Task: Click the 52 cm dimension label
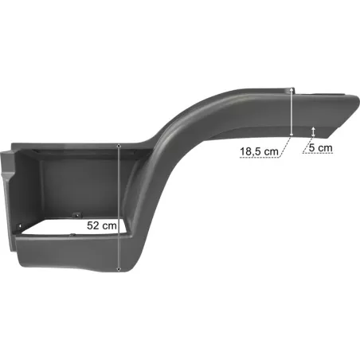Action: click(102, 225)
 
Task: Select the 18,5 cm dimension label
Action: click(259, 151)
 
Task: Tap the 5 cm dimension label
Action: click(320, 148)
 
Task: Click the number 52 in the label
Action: click(93, 225)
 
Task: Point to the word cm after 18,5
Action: click(272, 152)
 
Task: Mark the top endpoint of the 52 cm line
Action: click(119, 146)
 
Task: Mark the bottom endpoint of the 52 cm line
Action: click(119, 270)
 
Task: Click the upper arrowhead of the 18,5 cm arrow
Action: click(292, 90)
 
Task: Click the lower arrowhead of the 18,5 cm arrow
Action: click(292, 134)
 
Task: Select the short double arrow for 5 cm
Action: click(314, 132)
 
